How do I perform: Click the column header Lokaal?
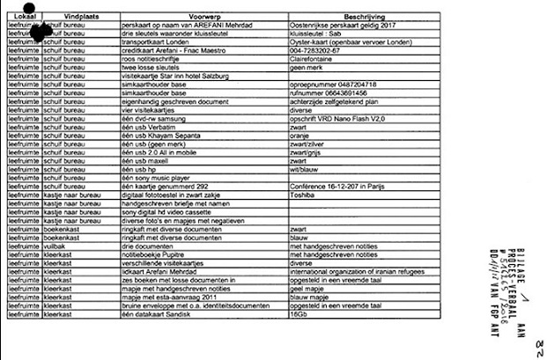point(20,18)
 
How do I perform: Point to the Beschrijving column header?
point(366,18)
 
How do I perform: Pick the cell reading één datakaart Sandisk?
point(156,313)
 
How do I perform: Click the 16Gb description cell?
point(299,313)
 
